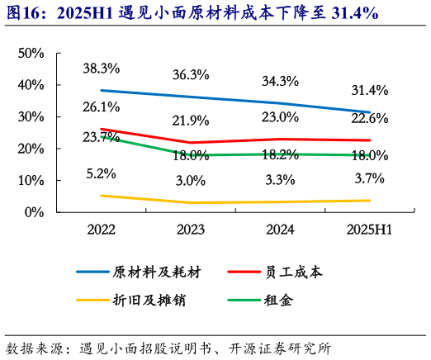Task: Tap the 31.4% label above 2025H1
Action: click(368, 90)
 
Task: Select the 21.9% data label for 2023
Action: click(190, 121)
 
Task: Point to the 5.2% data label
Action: click(102, 174)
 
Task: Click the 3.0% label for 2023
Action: click(190, 181)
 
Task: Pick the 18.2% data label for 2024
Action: click(279, 154)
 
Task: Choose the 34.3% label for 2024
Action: click(279, 81)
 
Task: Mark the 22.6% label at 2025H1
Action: click(368, 118)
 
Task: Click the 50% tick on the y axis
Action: click(31, 54)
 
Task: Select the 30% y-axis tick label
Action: click(31, 117)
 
